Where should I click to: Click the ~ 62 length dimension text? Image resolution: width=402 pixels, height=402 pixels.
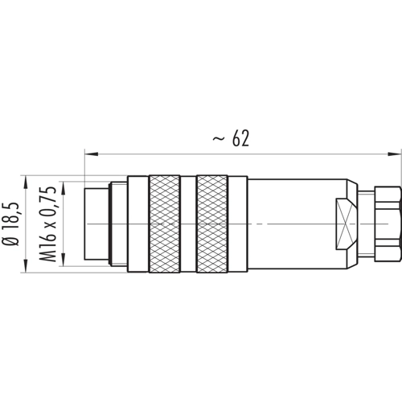231,139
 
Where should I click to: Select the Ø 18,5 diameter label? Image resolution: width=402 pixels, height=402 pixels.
12,224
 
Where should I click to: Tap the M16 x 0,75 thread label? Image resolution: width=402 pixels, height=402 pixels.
48,224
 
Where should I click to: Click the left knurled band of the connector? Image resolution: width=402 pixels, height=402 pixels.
164,224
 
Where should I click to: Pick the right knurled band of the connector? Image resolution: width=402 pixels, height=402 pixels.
212,224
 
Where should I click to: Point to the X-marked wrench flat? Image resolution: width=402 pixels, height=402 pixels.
346,224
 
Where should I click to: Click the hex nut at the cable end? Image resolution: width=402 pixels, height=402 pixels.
388,224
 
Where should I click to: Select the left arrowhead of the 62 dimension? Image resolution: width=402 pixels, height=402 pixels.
91,154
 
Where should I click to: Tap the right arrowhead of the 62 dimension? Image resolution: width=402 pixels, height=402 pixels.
395,154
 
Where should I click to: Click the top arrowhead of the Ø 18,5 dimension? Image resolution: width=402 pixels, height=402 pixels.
26,182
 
